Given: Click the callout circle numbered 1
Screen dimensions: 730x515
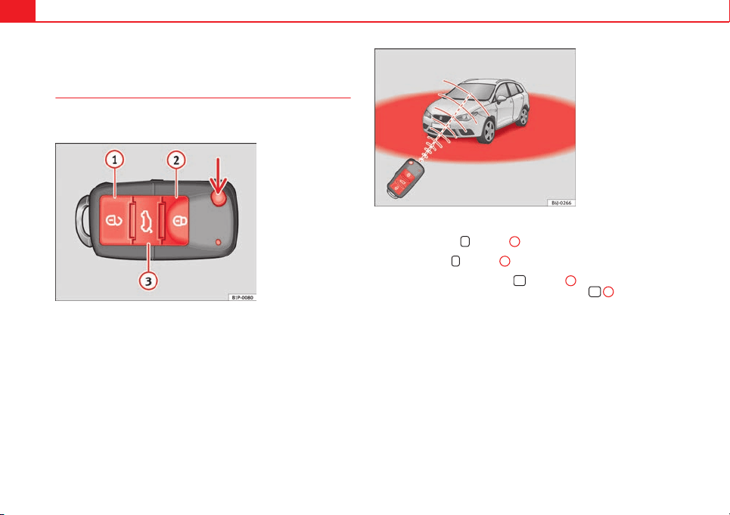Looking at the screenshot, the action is pos(114,160).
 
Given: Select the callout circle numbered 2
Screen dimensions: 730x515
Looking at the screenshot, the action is pos(176,160).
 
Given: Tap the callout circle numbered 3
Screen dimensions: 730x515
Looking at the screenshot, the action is pos(148,281).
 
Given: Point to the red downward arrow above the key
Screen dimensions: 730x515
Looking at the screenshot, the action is pos(218,175).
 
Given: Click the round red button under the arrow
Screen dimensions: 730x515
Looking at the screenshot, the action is pos(219,198).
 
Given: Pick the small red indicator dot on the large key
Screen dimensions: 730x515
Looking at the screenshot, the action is pos(218,243).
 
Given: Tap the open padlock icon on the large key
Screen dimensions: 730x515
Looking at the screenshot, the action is pos(114,220).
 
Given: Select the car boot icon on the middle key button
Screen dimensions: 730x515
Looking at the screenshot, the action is pos(147,221).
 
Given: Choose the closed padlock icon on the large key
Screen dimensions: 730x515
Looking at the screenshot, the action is pos(179,220).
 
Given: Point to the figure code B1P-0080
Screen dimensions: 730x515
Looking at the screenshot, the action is pos(243,297).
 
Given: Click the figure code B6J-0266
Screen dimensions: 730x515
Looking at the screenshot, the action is pos(561,203).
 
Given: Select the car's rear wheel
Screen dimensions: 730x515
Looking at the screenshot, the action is pos(523,116).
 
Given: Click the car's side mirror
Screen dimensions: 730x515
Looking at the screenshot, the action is pos(501,99).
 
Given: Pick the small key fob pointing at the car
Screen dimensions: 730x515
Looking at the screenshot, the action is pos(405,178).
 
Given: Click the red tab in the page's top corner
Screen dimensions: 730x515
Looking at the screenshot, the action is pos(17,11).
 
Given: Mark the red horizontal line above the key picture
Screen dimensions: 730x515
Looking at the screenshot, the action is pos(203,98).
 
